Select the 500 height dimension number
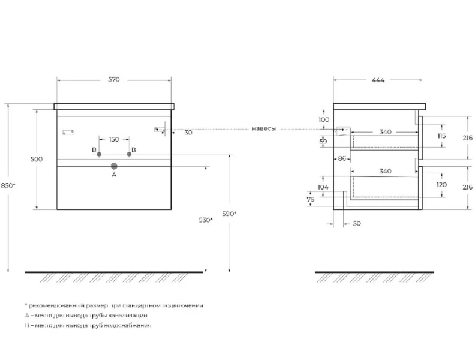(36, 159)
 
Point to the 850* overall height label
(8, 185)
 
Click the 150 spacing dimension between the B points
(113, 140)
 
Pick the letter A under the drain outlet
(113, 175)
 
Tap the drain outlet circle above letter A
(113, 166)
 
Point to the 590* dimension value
(229, 214)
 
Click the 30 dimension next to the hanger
(188, 133)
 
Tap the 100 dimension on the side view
(324, 120)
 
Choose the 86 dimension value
(342, 158)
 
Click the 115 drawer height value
(442, 136)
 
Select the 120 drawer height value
(442, 185)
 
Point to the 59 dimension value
(324, 142)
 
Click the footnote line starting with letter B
(88, 325)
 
